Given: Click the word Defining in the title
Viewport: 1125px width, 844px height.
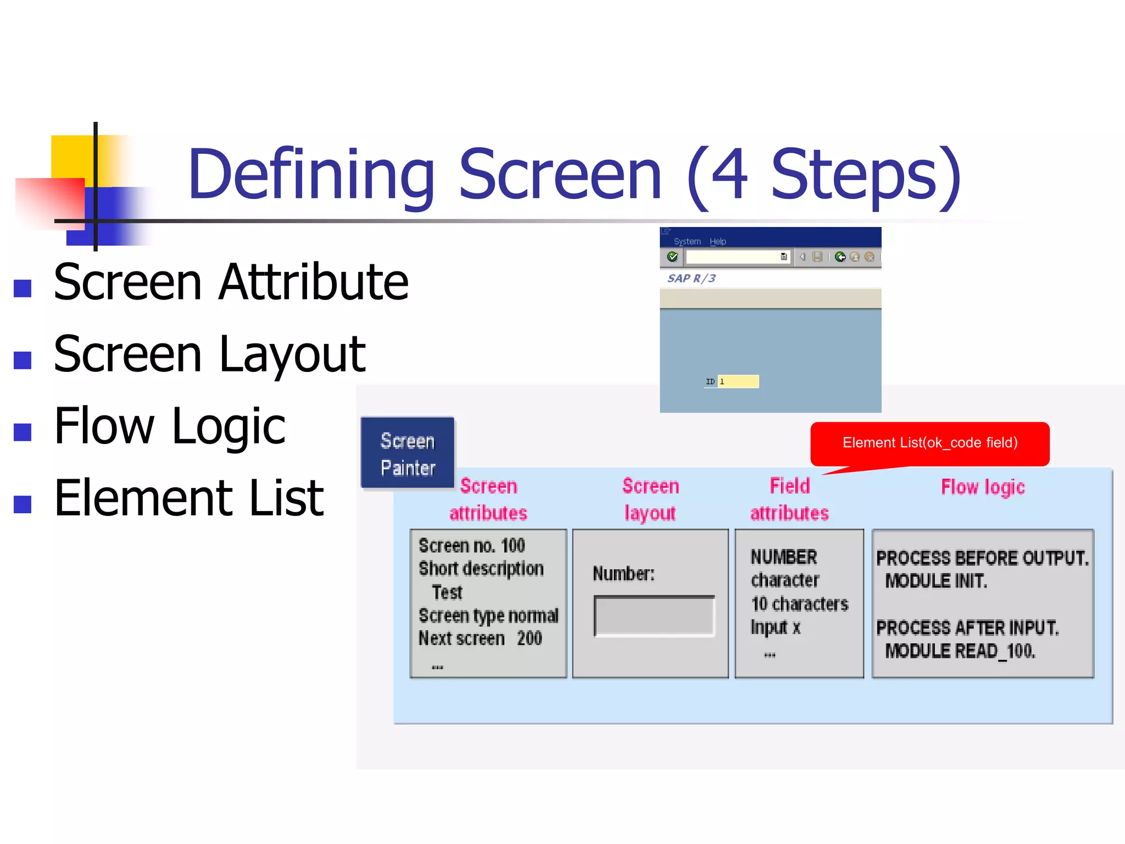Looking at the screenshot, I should pos(311,175).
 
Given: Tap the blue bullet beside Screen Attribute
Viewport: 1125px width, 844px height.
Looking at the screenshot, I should pos(23,288).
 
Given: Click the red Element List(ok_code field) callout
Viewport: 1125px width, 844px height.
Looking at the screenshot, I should pos(929,443).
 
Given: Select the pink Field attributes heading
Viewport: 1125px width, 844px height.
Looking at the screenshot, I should pos(789,499).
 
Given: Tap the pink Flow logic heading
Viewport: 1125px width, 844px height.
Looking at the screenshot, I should pos(983,487).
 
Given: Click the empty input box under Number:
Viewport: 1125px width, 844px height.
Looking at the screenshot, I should pos(654,616).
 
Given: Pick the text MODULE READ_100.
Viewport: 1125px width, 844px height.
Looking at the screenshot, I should pos(960,651).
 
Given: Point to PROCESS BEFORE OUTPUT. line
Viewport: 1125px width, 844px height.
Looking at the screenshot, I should pos(982,558).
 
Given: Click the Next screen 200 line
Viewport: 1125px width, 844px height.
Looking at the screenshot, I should pos(480,638).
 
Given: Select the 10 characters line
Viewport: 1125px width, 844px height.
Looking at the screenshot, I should pos(799,604).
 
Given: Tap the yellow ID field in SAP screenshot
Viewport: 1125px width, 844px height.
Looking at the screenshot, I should pos(738,381).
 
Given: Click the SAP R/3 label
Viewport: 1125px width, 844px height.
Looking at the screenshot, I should pos(691,279).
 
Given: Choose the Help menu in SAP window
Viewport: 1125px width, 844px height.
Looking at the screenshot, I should pos(717,242).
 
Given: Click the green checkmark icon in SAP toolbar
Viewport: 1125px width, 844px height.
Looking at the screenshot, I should pos(672,257).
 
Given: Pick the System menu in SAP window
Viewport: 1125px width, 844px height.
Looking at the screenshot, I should pos(687,242).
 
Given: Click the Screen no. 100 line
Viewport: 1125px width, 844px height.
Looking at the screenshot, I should pos(471,546).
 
